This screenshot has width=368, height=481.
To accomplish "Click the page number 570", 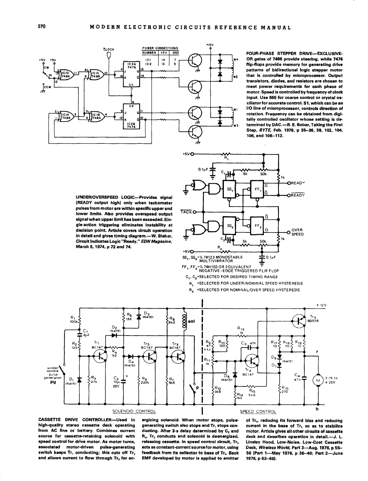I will (x=41, y=27).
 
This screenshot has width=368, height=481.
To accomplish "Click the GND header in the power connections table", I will (x=175, y=53).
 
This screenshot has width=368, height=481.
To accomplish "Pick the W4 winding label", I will (x=235, y=59).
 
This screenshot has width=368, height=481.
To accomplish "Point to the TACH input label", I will (x=185, y=212).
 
